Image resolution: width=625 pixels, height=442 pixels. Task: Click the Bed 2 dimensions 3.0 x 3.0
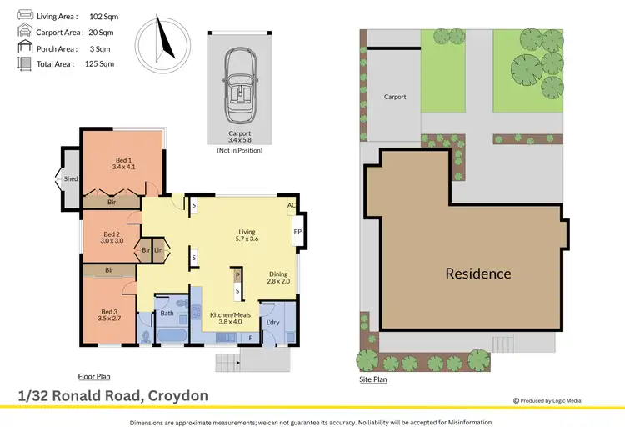coord(112,241)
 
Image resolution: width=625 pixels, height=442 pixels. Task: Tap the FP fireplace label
coord(297,233)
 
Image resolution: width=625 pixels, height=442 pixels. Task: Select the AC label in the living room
coord(292,205)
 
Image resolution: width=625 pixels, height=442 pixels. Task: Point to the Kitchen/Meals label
coord(225,305)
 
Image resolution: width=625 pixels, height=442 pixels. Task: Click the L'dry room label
coord(271,322)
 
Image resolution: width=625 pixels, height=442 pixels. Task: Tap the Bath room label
coord(167,314)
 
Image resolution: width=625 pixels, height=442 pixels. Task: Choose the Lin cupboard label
coord(158,249)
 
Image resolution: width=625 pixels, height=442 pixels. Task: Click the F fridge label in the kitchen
coord(251,338)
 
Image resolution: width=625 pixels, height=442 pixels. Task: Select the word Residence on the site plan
coord(477,274)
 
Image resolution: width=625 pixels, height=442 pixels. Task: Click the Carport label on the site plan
coord(395,97)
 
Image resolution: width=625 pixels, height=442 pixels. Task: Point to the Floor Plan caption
coord(95,376)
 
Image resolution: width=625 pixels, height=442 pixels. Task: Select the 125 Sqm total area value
coord(99,63)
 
